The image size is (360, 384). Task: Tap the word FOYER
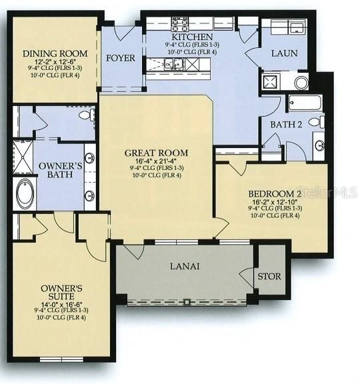[121, 58]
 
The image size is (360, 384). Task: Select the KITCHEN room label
[194, 37]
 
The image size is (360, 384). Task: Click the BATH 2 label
[287, 123]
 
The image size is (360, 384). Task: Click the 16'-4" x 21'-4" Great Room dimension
[156, 161]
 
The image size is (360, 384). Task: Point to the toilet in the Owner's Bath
[85, 115]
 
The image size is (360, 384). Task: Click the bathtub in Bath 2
[305, 103]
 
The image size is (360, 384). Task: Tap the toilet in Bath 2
[321, 123]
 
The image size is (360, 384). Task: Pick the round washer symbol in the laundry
[301, 82]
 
